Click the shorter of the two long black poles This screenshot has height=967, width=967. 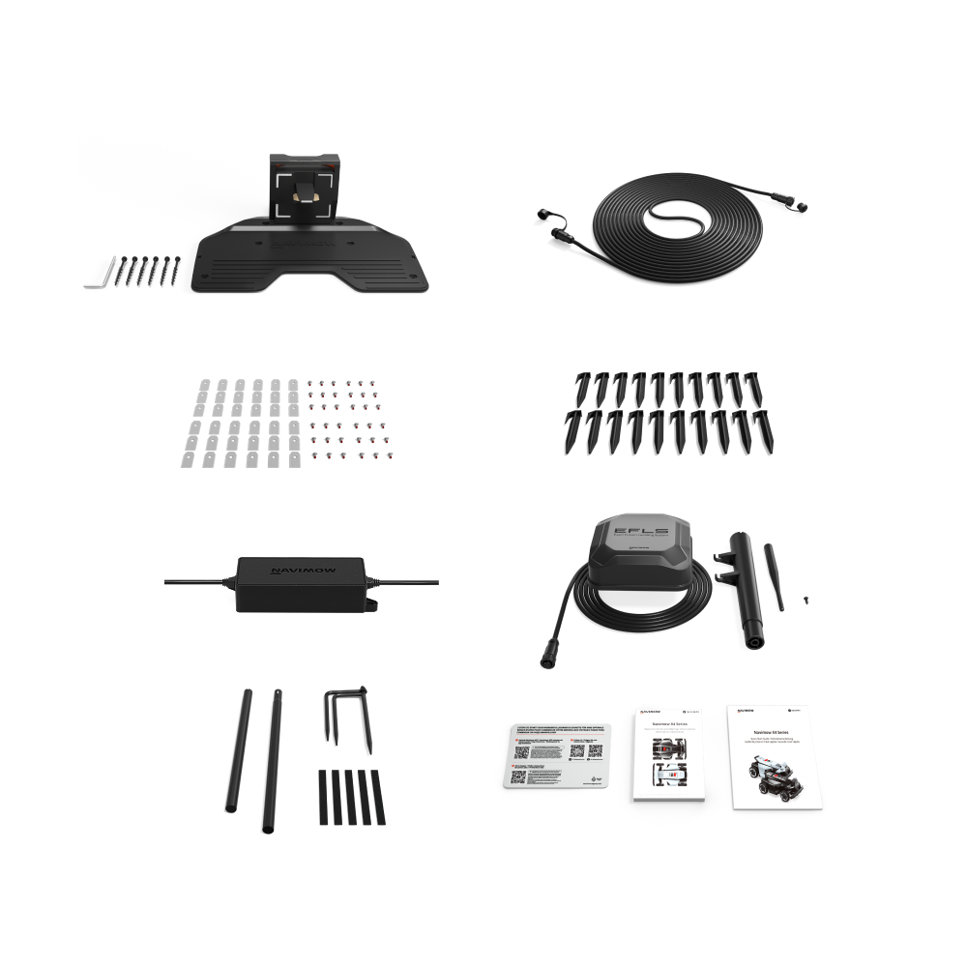(x=233, y=748)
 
